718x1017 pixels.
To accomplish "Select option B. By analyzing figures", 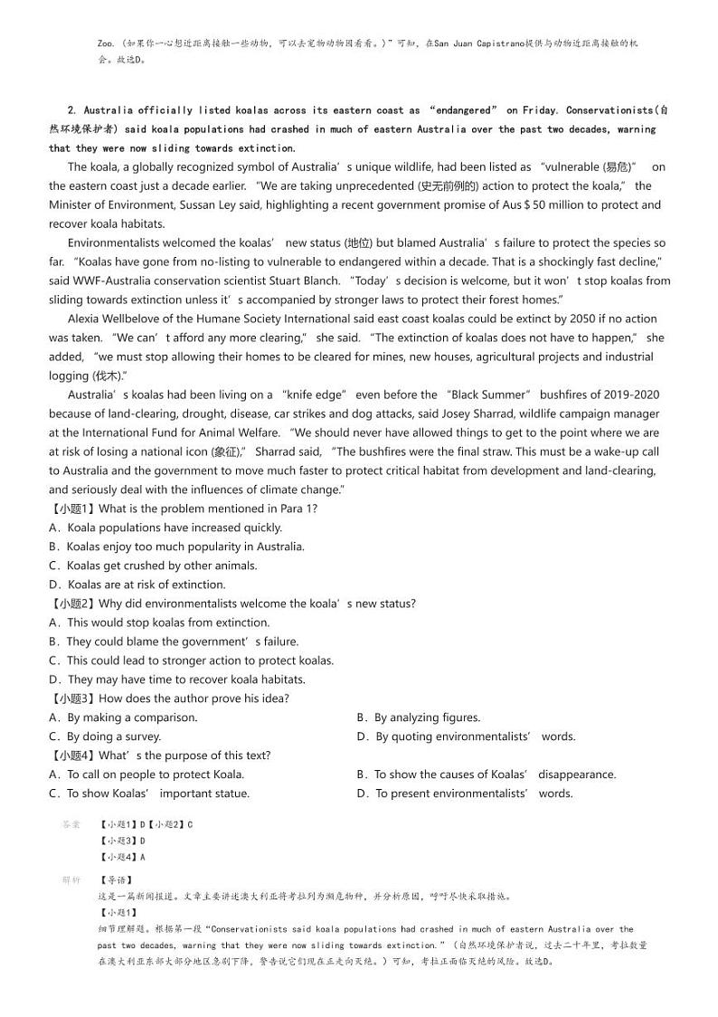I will click(x=419, y=718).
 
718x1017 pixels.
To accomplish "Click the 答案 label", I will click(x=71, y=824).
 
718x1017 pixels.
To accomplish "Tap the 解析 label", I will click(x=71, y=879).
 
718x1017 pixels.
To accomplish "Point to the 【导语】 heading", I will click(x=115, y=879).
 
